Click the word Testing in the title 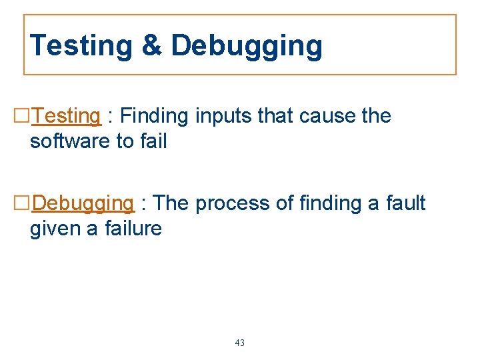click(x=81, y=46)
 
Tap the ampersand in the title click(x=151, y=46)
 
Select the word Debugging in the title click(x=247, y=46)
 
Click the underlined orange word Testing click(x=66, y=116)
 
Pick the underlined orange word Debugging click(x=83, y=203)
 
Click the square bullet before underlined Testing click(x=21, y=117)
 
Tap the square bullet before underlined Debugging click(x=21, y=203)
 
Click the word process click(x=233, y=203)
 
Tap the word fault click(x=405, y=203)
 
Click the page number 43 click(x=240, y=343)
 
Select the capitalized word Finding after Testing click(x=155, y=116)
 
